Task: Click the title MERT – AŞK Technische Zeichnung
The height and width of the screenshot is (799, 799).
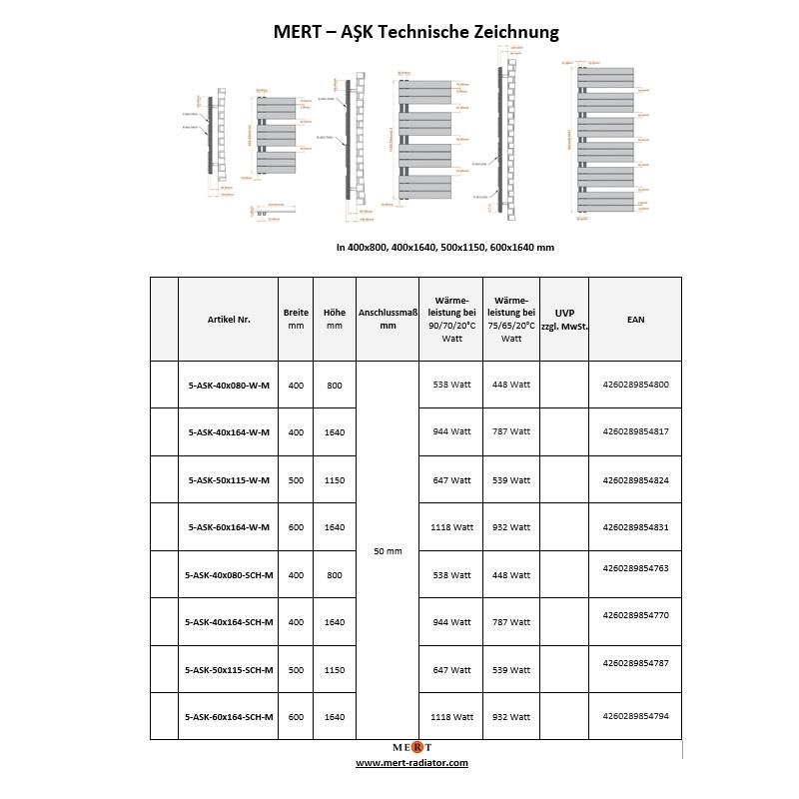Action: click(x=415, y=32)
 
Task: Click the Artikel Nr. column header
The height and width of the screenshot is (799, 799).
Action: click(x=229, y=319)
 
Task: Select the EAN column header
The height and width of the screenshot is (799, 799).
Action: click(x=635, y=319)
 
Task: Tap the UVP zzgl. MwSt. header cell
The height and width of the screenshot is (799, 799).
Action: click(x=564, y=319)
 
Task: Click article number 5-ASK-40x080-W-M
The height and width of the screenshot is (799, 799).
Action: click(x=229, y=385)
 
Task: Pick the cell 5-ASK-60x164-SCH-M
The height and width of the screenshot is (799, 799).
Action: click(x=229, y=717)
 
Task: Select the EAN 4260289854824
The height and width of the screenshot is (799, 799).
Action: click(x=636, y=479)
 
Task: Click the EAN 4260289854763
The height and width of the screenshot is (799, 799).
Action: click(x=636, y=567)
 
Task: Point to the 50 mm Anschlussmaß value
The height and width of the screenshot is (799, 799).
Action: click(x=388, y=551)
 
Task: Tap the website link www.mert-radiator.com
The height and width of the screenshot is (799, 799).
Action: click(x=411, y=763)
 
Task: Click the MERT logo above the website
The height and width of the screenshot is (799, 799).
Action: click(x=411, y=747)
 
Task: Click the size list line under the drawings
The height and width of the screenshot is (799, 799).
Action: click(x=444, y=247)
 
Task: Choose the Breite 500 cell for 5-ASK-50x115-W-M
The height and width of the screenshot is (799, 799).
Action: click(x=296, y=479)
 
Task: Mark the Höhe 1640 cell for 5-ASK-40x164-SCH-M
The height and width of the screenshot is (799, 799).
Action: click(x=335, y=622)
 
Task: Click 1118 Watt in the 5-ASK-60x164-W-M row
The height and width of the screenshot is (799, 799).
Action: click(x=451, y=527)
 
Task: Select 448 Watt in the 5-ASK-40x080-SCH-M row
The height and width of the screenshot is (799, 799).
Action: click(x=511, y=575)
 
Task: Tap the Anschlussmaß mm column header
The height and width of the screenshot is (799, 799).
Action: click(x=388, y=319)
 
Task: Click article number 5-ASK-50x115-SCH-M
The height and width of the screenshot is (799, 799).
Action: click(x=229, y=669)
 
